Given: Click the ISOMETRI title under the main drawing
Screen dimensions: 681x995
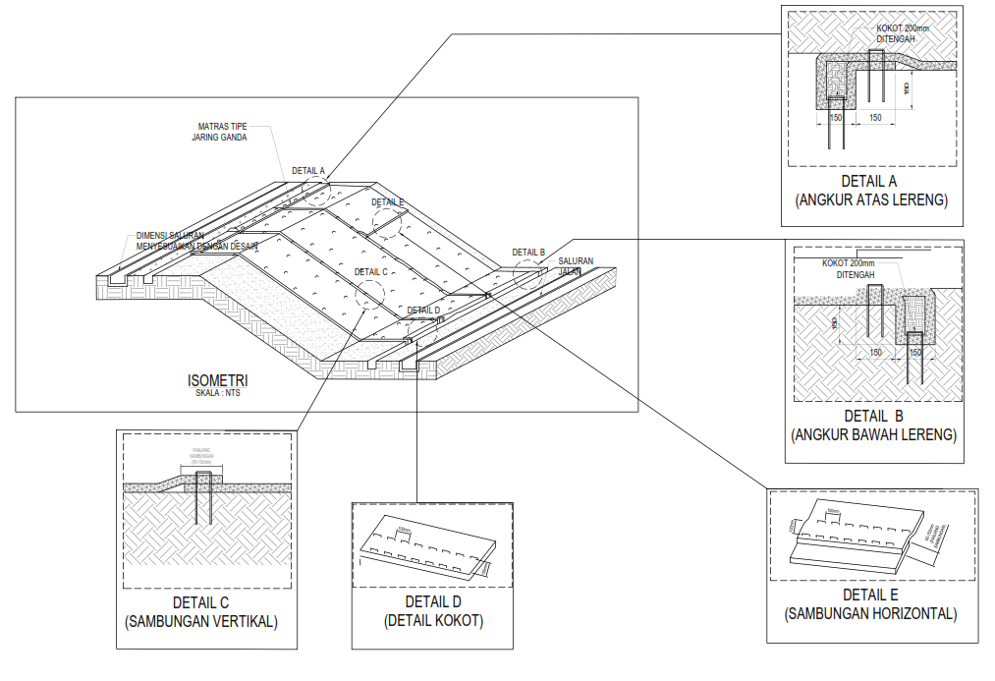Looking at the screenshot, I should coord(218,380).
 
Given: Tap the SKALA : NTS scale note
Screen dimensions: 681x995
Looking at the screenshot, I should coord(217,393).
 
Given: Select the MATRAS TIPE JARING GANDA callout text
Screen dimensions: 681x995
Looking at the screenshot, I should coord(221,132).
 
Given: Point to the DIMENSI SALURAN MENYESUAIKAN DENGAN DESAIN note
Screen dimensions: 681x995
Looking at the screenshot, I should coord(193,241).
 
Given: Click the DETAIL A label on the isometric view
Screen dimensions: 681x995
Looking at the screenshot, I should coord(307,171).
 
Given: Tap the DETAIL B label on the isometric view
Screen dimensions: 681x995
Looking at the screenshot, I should coord(528,253).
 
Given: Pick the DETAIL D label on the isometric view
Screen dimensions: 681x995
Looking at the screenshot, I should coord(423,311).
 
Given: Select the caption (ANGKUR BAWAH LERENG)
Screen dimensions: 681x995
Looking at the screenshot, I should coord(872,433).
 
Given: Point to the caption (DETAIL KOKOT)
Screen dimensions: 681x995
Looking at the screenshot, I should coord(433,620).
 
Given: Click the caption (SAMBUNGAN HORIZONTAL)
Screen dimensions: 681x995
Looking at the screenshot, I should coord(871,614).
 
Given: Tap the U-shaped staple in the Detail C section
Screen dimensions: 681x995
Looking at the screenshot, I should coord(204,497).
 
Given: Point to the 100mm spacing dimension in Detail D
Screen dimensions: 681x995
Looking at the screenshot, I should coord(402,531).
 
